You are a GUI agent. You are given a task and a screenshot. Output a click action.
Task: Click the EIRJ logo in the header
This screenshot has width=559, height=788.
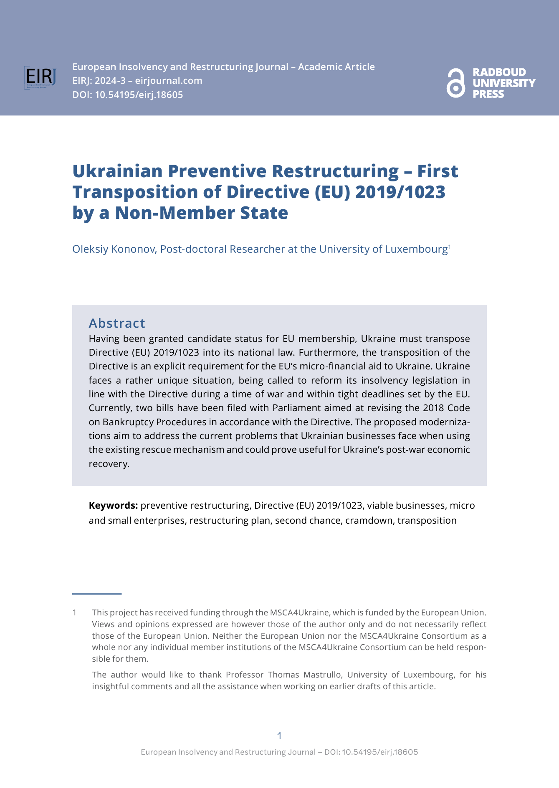tap(40, 78)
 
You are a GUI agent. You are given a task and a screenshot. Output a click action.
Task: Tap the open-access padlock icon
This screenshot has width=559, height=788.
tap(455, 83)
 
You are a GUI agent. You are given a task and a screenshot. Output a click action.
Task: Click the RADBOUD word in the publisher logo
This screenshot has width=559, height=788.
tap(499, 72)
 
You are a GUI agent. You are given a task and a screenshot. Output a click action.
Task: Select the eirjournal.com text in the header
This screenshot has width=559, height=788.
tap(169, 80)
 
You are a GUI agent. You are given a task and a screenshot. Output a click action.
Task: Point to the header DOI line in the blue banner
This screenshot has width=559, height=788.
tap(128, 95)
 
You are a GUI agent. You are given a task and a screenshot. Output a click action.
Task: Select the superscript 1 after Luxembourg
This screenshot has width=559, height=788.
tap(449, 246)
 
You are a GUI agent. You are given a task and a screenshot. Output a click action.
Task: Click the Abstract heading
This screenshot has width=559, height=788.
tap(117, 323)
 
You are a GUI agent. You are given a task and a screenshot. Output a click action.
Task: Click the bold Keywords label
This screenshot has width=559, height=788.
tap(113, 505)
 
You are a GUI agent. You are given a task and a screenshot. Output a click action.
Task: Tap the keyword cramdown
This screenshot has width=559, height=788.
tap(369, 520)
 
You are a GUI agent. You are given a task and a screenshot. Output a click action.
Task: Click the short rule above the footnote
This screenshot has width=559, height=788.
tap(97, 593)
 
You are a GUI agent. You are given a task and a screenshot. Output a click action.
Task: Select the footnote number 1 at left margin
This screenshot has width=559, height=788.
tap(74, 612)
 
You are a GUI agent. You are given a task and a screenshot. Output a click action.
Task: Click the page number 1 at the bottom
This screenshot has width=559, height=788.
tap(279, 735)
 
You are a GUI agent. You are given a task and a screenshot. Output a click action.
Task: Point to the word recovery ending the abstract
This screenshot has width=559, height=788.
tap(109, 464)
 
